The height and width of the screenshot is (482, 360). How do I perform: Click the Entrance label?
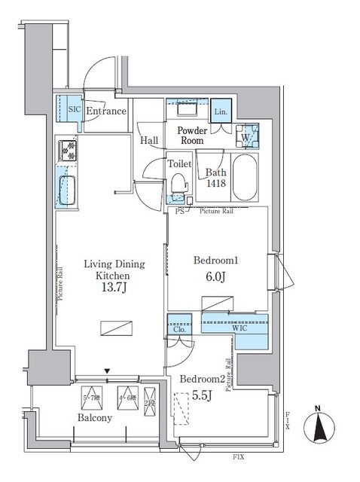[x=105, y=111]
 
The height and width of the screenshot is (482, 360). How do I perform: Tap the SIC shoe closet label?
[x=74, y=109]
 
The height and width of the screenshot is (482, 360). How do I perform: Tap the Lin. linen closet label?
[x=221, y=111]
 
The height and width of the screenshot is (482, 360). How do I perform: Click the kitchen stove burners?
[x=66, y=151]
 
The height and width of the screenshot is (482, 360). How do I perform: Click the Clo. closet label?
[x=178, y=328]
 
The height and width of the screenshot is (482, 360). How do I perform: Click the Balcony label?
[x=93, y=418]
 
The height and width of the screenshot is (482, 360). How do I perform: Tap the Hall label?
[x=148, y=140]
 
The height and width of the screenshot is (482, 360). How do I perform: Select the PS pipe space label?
[x=179, y=212]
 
